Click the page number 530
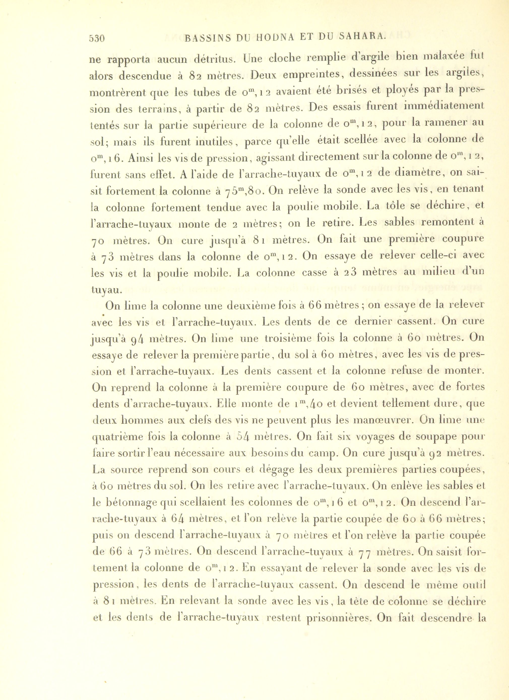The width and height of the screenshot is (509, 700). [97, 39]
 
